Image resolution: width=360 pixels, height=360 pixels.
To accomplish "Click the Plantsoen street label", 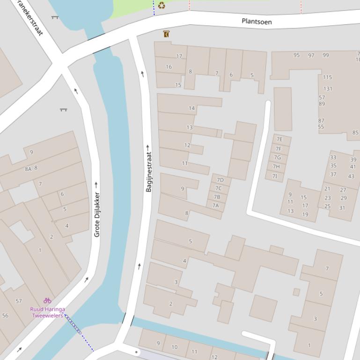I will [257, 22].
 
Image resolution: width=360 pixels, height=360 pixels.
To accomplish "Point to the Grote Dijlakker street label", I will [97, 215].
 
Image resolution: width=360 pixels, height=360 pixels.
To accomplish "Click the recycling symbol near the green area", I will [162, 6].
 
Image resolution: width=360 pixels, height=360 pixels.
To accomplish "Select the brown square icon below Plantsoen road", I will [166, 34].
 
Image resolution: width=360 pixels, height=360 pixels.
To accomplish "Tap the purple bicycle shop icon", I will [47, 300].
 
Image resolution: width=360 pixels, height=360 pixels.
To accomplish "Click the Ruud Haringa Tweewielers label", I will [48, 312].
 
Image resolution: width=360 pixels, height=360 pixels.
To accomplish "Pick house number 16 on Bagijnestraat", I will [169, 67].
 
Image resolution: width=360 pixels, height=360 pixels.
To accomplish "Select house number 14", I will [191, 108].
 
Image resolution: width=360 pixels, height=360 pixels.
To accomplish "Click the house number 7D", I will [220, 180].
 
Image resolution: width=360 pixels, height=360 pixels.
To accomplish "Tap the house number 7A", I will [215, 205].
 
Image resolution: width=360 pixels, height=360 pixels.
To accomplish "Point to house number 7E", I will [279, 139].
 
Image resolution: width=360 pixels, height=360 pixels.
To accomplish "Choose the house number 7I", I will [275, 176].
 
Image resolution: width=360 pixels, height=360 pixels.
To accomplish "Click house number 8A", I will [28, 169].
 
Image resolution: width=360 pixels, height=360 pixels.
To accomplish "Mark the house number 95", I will [296, 55].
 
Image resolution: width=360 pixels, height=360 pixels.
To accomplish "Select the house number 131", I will [328, 89].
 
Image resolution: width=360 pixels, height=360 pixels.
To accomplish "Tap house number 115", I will [327, 77].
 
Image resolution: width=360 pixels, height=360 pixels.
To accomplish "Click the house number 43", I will [351, 176].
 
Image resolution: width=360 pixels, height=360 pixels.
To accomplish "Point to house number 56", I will [5, 316].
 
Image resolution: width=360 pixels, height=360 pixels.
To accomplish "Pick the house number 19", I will [305, 215].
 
